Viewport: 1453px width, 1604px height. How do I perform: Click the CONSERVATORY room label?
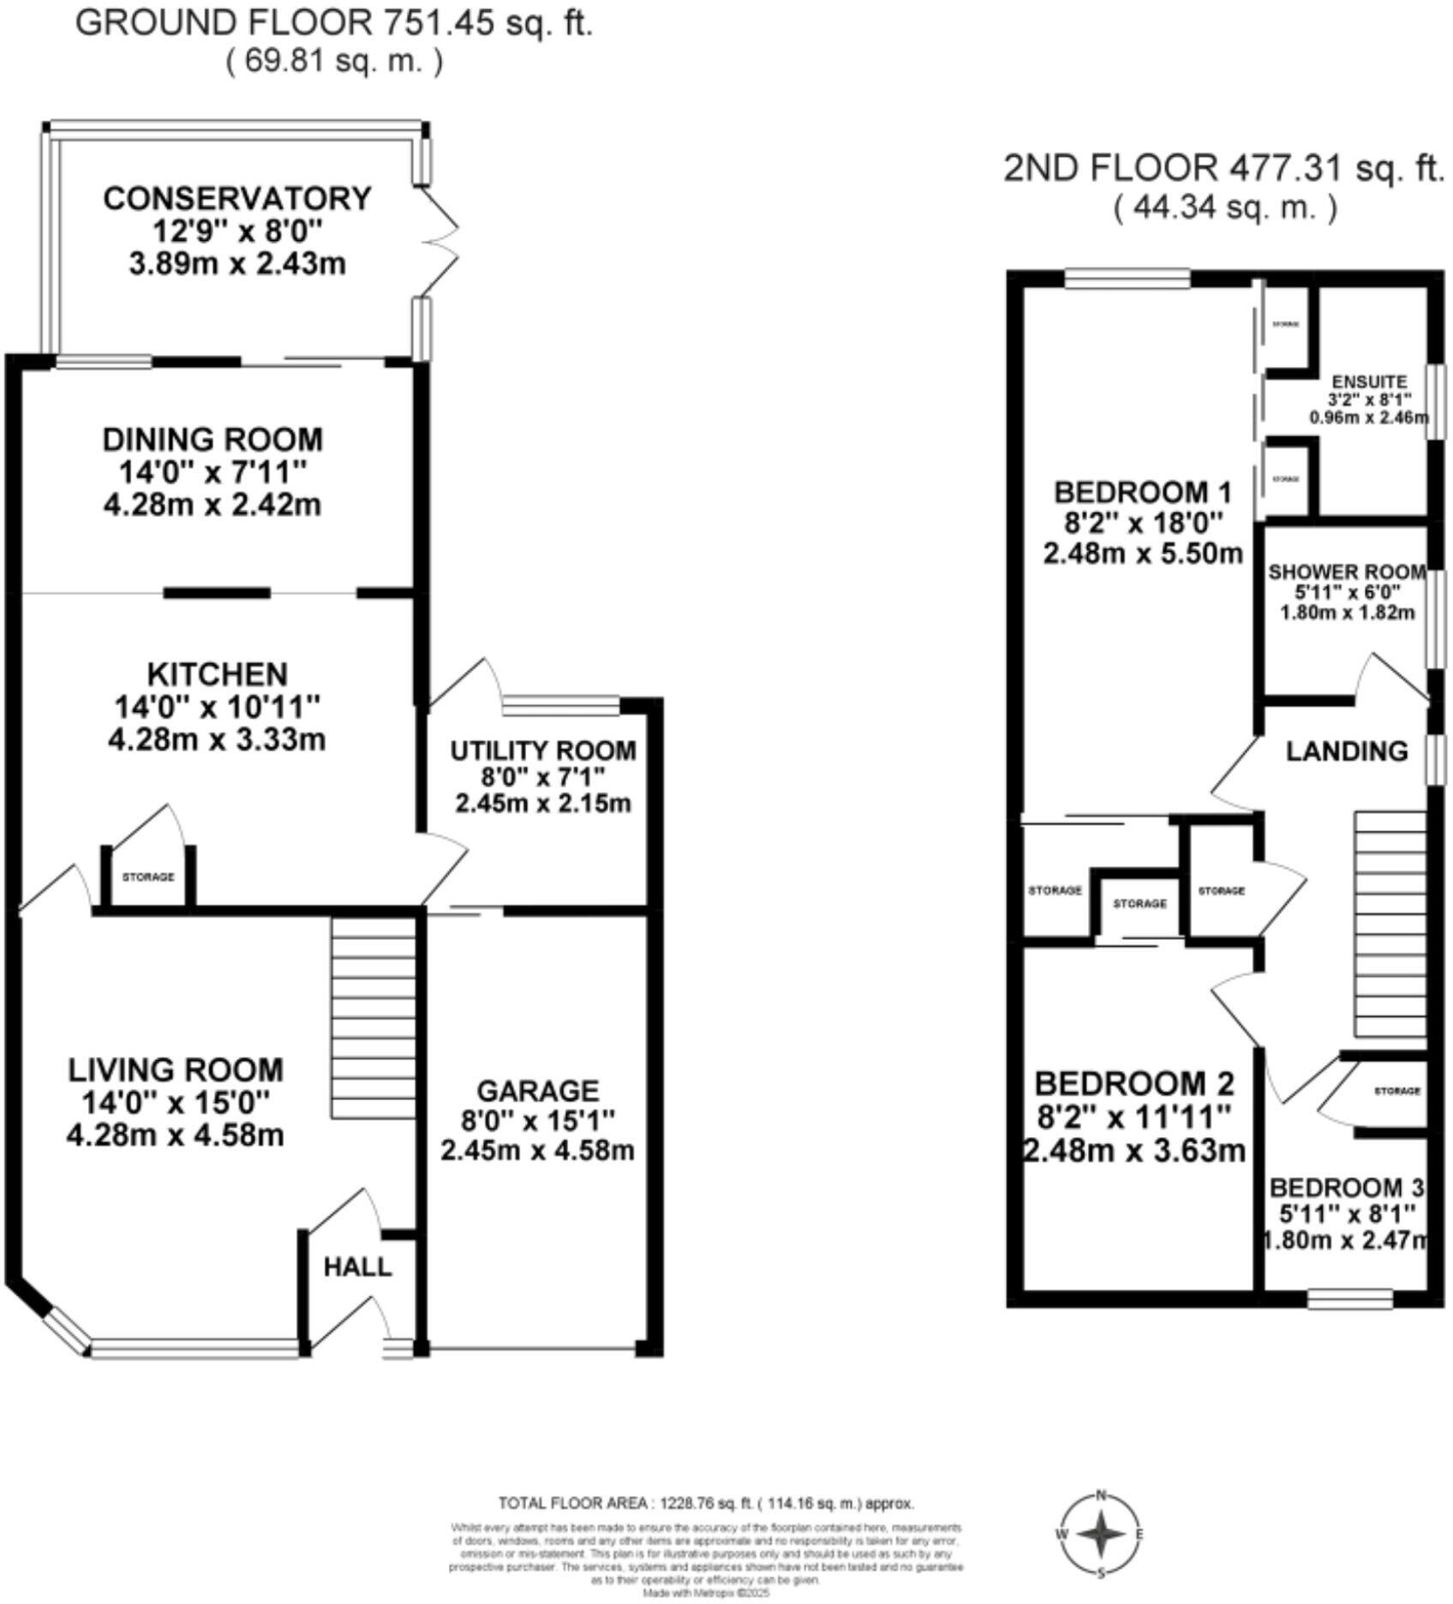point(237,199)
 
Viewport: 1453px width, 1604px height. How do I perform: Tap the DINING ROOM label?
point(212,440)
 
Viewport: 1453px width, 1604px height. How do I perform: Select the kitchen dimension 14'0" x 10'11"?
point(217,707)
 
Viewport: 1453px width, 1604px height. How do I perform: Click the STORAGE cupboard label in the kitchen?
point(147,877)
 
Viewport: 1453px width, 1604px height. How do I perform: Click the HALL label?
point(357,1267)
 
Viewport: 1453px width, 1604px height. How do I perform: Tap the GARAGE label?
point(537,1091)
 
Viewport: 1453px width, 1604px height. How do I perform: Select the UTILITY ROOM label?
point(543,751)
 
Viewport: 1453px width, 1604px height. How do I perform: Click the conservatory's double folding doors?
point(439,241)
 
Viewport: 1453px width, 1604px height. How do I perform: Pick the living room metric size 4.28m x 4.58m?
point(175,1135)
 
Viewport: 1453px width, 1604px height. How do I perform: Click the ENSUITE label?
point(1369,382)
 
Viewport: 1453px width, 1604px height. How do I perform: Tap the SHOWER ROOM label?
point(1347,572)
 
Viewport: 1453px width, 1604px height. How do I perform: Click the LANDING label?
point(1347,751)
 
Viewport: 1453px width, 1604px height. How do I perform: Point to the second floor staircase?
point(1389,926)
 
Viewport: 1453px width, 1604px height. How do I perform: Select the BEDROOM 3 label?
point(1346,1188)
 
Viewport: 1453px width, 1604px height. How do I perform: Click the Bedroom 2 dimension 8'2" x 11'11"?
point(1133,1116)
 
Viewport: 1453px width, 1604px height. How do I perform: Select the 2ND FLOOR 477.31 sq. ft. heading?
point(1223,169)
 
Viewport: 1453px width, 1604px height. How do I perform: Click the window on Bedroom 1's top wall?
point(1127,277)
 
